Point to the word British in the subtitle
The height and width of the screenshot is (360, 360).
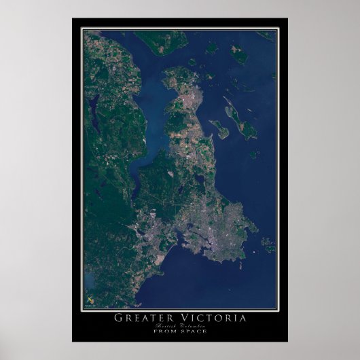pos(166,326)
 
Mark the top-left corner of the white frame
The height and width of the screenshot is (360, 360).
pos(82,29)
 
